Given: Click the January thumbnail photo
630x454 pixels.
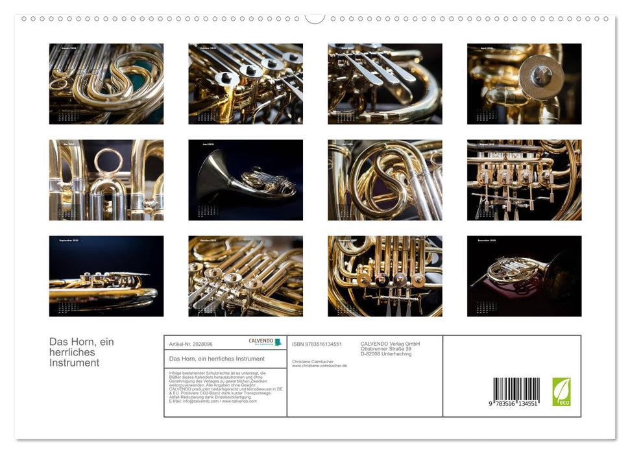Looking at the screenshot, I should (106, 84).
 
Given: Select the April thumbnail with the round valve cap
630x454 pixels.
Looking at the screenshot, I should (524, 84).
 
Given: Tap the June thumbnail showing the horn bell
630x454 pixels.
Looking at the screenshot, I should (245, 180).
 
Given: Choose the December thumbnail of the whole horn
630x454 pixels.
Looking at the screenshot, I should (524, 276).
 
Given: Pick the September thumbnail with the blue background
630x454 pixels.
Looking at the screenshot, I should (106, 276).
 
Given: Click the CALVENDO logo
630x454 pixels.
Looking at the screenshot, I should (265, 342).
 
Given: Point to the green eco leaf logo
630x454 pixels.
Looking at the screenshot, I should (561, 392).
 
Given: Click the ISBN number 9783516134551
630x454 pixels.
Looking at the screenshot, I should (317, 344).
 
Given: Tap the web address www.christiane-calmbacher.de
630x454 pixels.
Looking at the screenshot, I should (319, 366).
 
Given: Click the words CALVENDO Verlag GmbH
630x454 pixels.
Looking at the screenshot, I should (390, 344).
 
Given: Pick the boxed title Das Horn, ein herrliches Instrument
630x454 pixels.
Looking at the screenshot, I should (217, 359).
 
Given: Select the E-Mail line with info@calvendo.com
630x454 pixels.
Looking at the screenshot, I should (212, 401).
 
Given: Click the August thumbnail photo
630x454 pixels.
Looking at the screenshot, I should (524, 180).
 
